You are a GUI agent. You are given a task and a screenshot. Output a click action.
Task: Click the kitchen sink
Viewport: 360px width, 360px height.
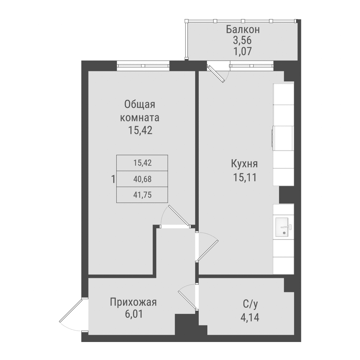click(284, 228)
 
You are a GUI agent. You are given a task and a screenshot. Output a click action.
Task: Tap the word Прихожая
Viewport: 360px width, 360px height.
click(134, 302)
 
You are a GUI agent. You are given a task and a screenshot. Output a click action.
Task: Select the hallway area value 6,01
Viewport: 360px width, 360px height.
click(134, 314)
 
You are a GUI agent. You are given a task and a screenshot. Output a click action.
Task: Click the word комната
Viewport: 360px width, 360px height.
click(140, 118)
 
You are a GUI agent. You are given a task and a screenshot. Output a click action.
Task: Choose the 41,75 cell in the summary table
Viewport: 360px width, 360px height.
click(142, 194)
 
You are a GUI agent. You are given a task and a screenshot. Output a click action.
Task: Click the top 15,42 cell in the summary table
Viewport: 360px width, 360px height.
click(142, 162)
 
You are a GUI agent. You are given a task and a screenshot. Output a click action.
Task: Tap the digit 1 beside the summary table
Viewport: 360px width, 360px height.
click(113, 179)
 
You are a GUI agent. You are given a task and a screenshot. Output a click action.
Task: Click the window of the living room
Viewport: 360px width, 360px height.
click(143, 66)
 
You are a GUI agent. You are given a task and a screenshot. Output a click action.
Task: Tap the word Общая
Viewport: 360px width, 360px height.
click(140, 105)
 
